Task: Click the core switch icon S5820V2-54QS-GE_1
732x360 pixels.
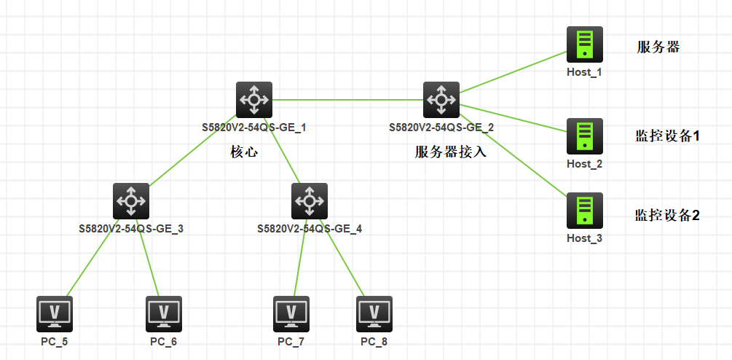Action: click(x=253, y=99)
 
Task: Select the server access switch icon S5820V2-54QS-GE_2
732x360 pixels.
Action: click(x=441, y=99)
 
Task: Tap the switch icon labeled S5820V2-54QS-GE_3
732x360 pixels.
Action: click(x=131, y=200)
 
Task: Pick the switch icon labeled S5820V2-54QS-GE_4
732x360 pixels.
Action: click(x=310, y=200)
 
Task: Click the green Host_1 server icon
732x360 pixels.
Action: click(x=584, y=44)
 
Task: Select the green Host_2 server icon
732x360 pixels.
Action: click(x=584, y=136)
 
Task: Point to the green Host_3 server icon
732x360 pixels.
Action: click(x=584, y=211)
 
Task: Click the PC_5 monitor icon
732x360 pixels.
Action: click(x=54, y=313)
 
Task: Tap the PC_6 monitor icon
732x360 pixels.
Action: click(x=163, y=313)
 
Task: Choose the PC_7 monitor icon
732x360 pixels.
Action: click(x=291, y=313)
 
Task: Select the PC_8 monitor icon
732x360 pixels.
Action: click(x=374, y=313)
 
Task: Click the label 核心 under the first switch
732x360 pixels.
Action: click(x=244, y=152)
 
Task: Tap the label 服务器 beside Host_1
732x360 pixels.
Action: click(x=658, y=47)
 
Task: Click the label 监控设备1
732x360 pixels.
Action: click(x=667, y=136)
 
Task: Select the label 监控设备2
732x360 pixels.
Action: click(x=667, y=215)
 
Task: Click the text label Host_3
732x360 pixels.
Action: click(x=584, y=238)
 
